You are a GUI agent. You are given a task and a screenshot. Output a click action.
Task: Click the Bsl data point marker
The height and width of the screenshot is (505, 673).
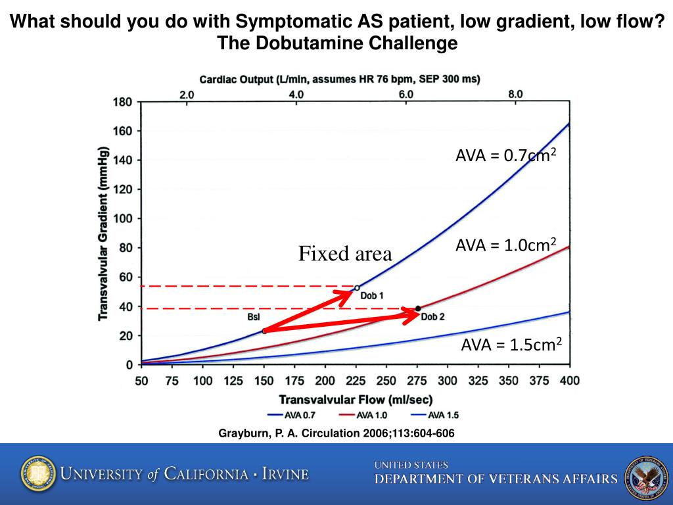(264, 331)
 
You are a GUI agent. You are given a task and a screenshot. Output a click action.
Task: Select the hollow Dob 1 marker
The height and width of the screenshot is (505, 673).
(357, 287)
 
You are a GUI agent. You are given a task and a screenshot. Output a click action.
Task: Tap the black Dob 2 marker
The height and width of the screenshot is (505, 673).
(418, 308)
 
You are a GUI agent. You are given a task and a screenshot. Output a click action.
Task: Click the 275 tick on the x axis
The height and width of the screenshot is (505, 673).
(417, 381)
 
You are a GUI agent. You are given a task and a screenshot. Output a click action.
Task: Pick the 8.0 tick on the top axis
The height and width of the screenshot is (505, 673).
(515, 94)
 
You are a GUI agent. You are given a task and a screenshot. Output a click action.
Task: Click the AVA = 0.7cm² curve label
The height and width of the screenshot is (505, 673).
(506, 156)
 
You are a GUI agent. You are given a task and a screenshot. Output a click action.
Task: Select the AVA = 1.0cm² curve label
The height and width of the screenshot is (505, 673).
(506, 246)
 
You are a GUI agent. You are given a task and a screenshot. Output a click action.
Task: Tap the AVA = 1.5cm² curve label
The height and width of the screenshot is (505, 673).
(511, 344)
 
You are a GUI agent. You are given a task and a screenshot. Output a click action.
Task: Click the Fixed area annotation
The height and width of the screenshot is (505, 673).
(345, 254)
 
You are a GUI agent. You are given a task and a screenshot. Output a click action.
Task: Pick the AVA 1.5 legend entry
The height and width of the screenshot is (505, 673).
(434, 415)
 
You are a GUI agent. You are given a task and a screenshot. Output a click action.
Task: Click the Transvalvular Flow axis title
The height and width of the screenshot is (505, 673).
(356, 399)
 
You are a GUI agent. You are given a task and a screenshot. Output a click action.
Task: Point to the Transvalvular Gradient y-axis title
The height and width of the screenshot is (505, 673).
(103, 233)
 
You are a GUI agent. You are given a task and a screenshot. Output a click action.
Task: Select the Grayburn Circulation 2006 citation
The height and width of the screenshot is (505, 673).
(336, 433)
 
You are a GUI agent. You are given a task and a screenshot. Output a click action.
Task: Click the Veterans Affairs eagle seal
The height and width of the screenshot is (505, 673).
(645, 473)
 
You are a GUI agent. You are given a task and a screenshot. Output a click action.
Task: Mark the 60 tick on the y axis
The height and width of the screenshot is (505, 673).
(125, 277)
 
